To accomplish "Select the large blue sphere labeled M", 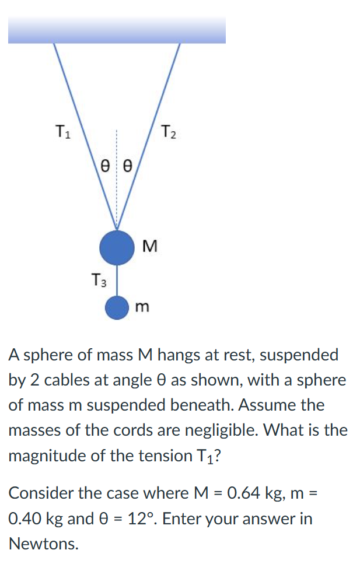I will point(117,247).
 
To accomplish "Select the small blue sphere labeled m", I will point(117,307).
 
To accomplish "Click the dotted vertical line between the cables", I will point(117,187).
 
